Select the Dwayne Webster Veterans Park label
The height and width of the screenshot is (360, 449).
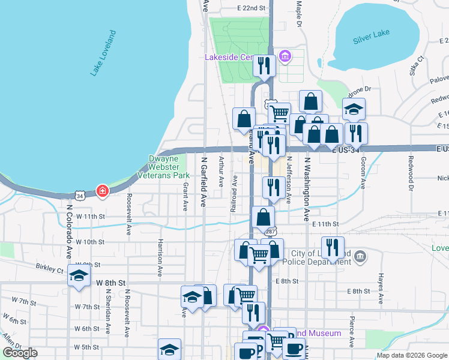[x=169, y=167]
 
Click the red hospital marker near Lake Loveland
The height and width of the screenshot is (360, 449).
[x=103, y=191]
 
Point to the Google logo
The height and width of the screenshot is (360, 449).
[x=20, y=353]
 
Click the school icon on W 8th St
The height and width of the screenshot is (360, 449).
[x=79, y=275]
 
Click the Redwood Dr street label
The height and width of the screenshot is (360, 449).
[x=411, y=173]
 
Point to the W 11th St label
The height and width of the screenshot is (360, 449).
[x=90, y=215]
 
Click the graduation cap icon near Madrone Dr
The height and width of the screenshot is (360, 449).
[x=354, y=109]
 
